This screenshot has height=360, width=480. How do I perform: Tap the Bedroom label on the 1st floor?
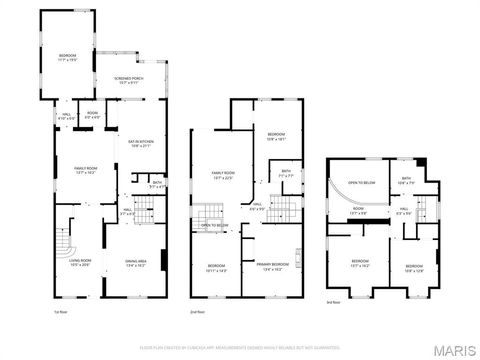click(67, 56)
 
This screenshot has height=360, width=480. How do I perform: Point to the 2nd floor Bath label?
click(286, 172)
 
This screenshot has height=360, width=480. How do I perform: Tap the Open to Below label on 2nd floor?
click(214, 226)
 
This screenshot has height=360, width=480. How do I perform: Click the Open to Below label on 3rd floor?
click(361, 184)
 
